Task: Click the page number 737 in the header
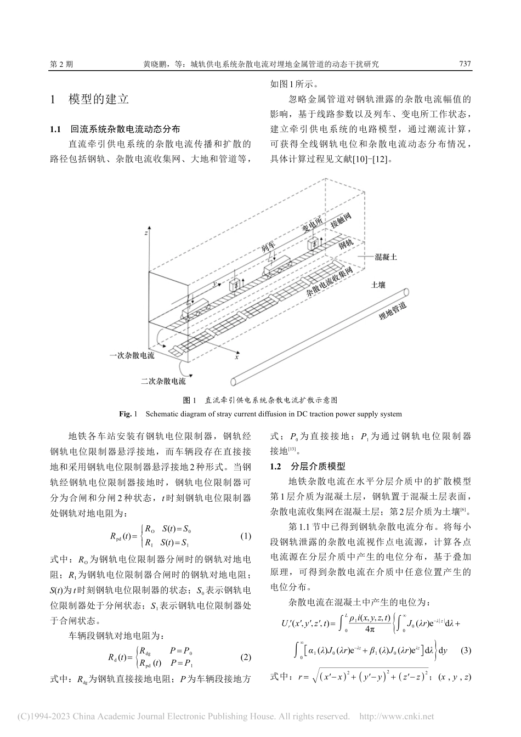click(465, 64)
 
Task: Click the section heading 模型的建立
click(98, 99)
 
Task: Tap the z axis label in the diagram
click(146, 233)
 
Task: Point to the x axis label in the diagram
click(237, 357)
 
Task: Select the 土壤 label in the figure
click(378, 285)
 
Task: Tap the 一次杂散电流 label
click(132, 355)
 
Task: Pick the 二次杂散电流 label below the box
click(163, 381)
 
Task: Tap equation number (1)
click(246, 536)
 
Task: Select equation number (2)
click(246, 657)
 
